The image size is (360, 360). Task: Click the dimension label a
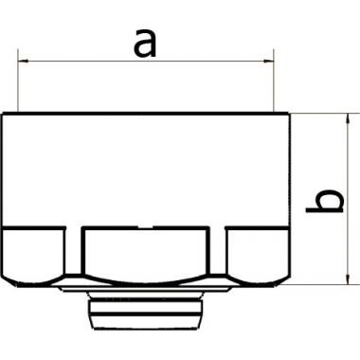click(x=145, y=44)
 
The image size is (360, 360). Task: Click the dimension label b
click(x=325, y=201)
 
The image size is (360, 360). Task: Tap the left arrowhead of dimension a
click(x=24, y=61)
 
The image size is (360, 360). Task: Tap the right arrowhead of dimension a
click(x=268, y=61)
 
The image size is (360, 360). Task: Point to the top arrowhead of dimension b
click(x=348, y=118)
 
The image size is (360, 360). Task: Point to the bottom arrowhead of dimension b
click(x=348, y=279)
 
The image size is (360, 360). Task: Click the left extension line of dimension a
click(x=18, y=81)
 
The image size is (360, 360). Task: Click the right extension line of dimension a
click(x=274, y=81)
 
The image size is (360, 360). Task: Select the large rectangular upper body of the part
click(x=146, y=170)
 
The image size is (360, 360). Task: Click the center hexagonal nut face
click(x=146, y=254)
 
